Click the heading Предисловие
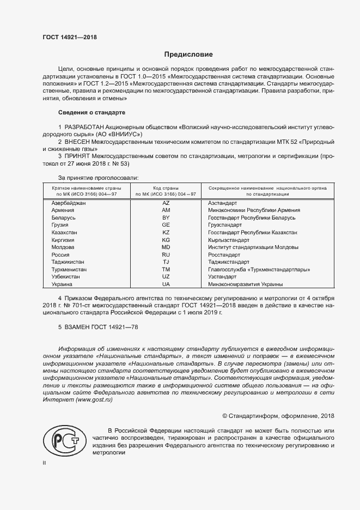[189, 54]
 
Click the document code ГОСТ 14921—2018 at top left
[69, 37]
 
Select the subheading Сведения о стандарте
[91, 113]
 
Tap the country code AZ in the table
[166, 203]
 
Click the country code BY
[166, 217]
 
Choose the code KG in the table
[166, 240]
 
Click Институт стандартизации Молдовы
[253, 247]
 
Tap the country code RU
[166, 254]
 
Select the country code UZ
[166, 277]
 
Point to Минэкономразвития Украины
[245, 284]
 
